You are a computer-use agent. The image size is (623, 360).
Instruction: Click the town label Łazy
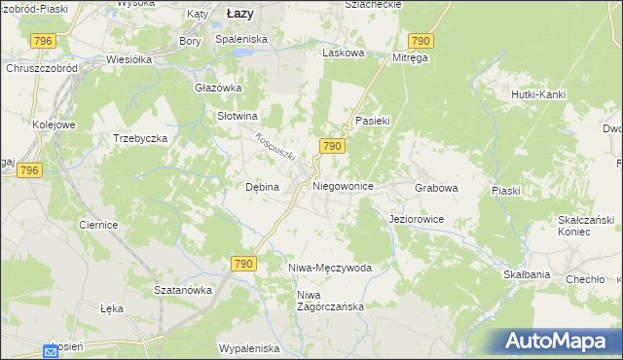click(239, 14)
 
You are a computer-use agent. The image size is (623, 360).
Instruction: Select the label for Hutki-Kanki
click(538, 94)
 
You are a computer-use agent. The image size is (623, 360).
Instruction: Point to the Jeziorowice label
click(416, 220)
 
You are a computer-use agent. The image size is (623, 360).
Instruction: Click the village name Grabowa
click(436, 187)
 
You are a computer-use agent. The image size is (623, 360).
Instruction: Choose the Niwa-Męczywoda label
click(330, 267)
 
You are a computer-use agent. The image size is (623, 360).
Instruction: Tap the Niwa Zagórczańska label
click(330, 301)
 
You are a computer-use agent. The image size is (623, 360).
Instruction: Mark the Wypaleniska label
click(249, 347)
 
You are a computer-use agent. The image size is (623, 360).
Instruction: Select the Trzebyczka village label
click(141, 138)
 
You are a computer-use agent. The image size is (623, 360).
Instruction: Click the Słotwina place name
click(237, 115)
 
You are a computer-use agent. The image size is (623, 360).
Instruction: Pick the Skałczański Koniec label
click(583, 226)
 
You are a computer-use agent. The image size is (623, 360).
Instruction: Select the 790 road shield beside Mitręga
click(421, 40)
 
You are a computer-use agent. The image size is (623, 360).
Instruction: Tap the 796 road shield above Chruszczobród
click(42, 40)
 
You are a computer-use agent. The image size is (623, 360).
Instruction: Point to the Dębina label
click(262, 187)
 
